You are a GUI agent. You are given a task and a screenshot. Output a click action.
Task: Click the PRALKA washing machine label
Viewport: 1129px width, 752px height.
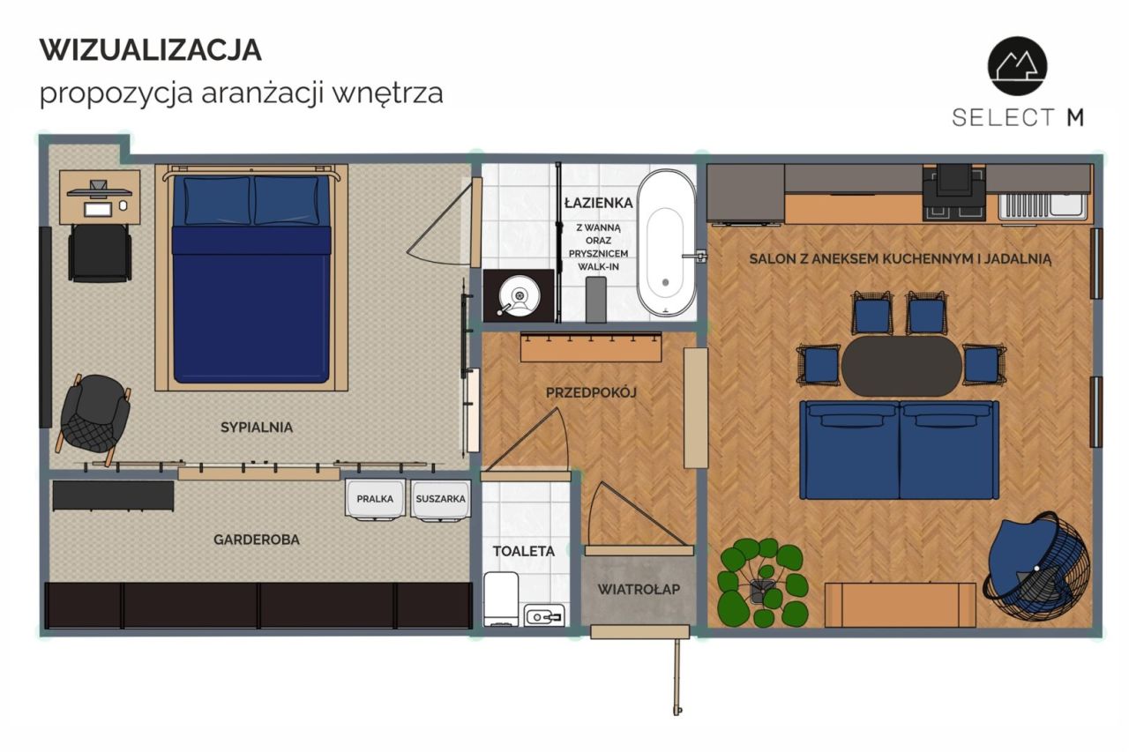375,499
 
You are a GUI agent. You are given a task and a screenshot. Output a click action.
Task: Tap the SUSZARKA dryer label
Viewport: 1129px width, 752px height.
440,499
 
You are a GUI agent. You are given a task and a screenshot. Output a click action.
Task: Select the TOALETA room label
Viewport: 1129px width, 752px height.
524,551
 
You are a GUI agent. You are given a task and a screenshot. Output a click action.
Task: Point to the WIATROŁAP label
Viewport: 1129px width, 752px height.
639,589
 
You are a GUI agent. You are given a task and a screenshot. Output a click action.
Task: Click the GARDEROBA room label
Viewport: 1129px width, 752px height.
257,540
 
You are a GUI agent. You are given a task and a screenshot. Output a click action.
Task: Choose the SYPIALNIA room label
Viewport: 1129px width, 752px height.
257,427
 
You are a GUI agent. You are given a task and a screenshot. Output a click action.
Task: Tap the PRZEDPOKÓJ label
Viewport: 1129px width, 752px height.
591,391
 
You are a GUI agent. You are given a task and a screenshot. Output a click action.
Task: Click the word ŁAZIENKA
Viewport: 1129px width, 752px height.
598,203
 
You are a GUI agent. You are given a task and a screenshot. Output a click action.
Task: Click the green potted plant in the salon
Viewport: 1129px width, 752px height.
763,582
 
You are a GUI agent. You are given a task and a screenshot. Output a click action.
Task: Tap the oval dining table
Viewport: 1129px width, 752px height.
901,366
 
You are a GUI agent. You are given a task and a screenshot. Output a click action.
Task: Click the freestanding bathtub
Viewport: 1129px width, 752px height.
666,244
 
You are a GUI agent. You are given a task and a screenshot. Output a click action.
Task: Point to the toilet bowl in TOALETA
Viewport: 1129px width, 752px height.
501,599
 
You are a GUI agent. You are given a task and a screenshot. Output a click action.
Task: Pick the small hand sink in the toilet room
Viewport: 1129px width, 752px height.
544,615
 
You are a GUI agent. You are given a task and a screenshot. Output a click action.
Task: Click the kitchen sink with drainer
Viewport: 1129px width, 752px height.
1041,205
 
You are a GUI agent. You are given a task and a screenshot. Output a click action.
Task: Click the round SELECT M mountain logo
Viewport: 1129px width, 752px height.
1017,66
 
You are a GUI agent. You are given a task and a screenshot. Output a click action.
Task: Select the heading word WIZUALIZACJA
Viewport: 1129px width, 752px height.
151,50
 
